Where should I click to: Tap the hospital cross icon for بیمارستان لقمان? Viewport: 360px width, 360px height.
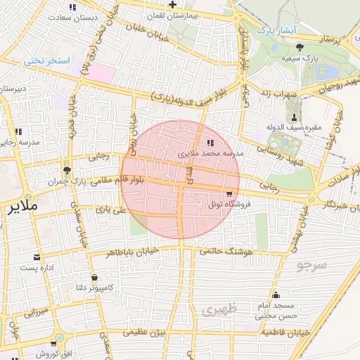[x=173, y=5]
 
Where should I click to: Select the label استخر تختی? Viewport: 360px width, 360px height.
[x=47, y=60]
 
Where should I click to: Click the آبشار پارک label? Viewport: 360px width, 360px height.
[x=278, y=31]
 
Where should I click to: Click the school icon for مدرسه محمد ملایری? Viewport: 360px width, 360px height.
[x=210, y=143]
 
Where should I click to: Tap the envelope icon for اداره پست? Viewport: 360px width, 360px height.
[x=36, y=257]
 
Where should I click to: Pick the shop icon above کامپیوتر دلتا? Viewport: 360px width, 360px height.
[x=94, y=277]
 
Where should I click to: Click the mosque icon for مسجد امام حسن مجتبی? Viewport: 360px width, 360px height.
[x=275, y=295]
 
